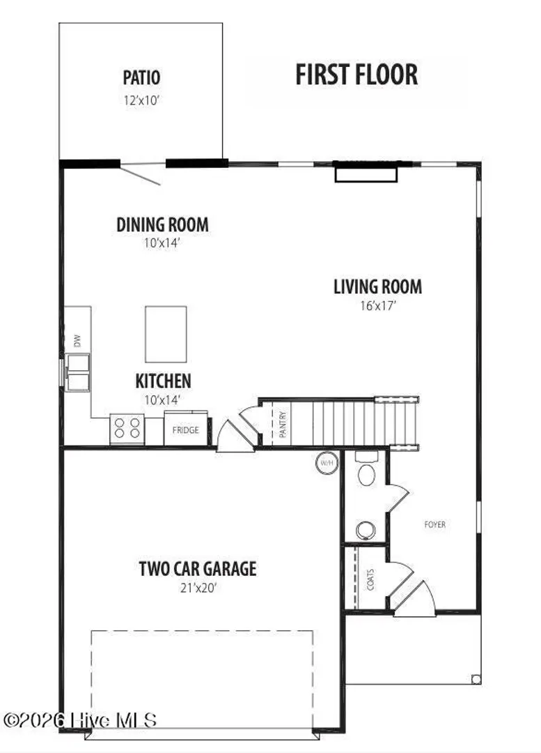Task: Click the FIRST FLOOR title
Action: click(356, 75)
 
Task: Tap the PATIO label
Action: click(141, 77)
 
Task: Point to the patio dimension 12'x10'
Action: click(141, 100)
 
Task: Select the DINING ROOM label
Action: click(163, 225)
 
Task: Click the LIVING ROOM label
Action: click(378, 287)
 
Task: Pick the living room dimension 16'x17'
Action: click(378, 306)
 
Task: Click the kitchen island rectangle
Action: click(166, 334)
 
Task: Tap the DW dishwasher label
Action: click(77, 341)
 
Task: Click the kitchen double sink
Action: click(78, 372)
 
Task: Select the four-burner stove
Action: click(127, 428)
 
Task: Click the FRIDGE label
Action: click(186, 430)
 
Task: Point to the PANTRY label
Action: click(283, 425)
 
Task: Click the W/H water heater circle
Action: click(327, 464)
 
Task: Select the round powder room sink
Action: click(366, 530)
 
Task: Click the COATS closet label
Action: click(370, 579)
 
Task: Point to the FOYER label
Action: click(435, 524)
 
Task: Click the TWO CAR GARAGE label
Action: click(198, 569)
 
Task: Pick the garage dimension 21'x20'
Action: click(198, 588)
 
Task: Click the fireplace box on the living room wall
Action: click(366, 172)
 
